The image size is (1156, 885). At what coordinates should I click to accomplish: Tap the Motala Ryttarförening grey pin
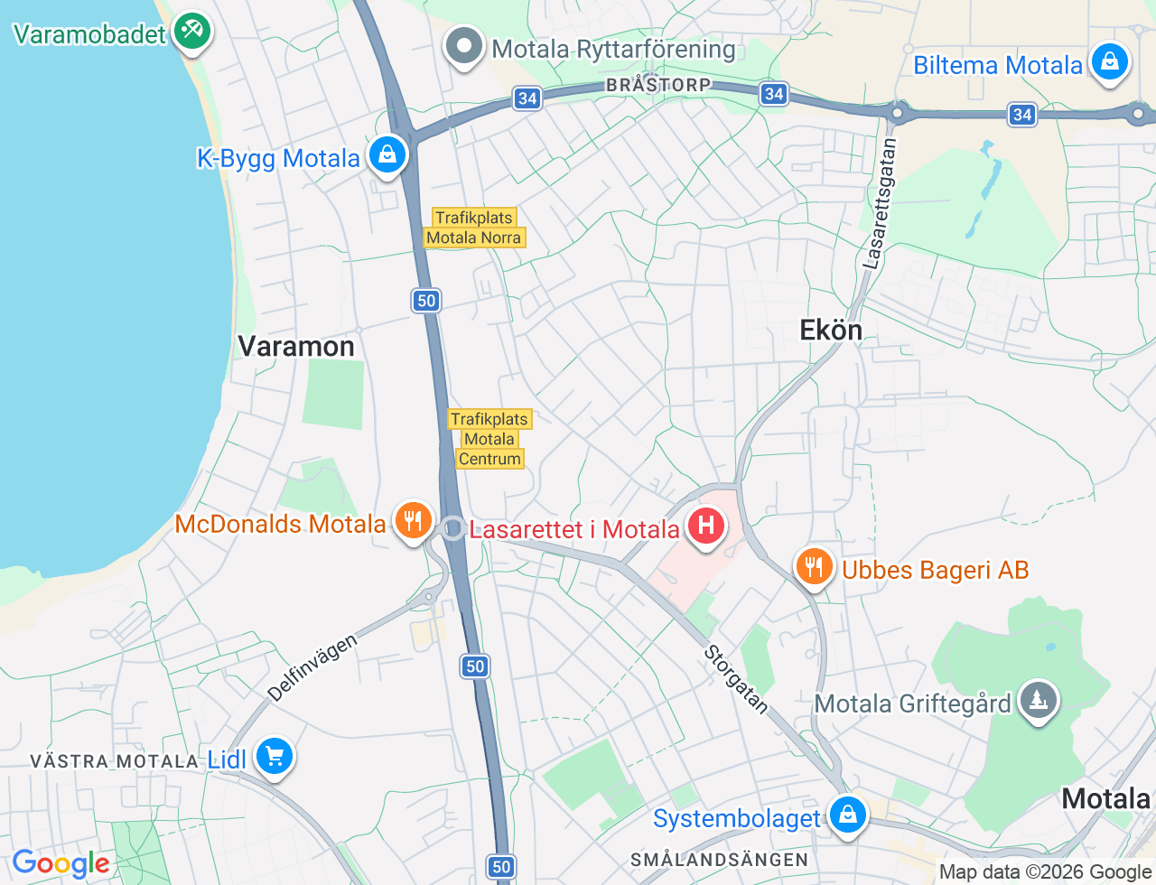[464, 47]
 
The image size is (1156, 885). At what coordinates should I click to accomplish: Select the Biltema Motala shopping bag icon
[1109, 63]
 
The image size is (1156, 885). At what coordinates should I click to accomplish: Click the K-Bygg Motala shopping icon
[387, 155]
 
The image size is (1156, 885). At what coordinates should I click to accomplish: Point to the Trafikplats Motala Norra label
[474, 228]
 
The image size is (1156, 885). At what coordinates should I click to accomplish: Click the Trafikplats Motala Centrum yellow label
[489, 439]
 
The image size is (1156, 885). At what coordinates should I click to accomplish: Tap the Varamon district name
[296, 347]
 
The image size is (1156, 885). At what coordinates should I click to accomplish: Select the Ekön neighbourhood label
[831, 331]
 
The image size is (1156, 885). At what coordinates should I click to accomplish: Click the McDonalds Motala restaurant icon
[413, 521]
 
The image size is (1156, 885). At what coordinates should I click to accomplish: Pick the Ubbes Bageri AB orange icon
[815, 567]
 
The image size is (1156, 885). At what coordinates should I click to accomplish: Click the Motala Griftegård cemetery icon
[1039, 700]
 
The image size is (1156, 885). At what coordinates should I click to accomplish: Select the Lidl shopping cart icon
[275, 757]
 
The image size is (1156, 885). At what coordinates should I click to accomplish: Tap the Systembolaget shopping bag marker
[847, 815]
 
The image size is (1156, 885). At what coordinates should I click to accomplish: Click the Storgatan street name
[736, 679]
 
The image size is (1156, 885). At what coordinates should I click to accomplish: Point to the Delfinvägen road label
[312, 668]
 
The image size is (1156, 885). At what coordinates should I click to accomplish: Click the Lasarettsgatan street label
[880, 204]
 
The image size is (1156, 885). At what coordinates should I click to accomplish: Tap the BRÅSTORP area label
[658, 85]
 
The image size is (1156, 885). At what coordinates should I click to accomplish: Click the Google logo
[61, 864]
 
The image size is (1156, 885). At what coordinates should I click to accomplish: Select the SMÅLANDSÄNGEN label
[719, 860]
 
